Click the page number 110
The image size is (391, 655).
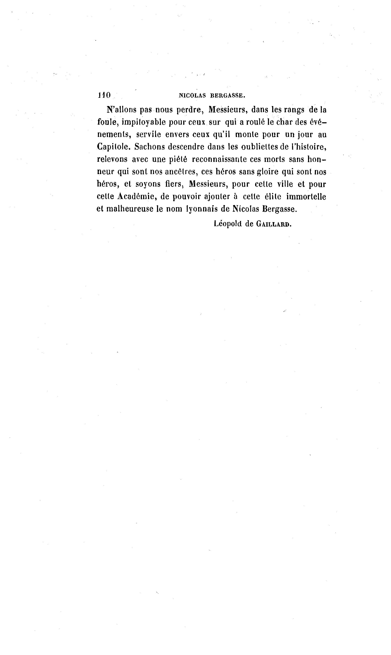pos(104,95)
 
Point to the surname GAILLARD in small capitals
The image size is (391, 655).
pos(274,224)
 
